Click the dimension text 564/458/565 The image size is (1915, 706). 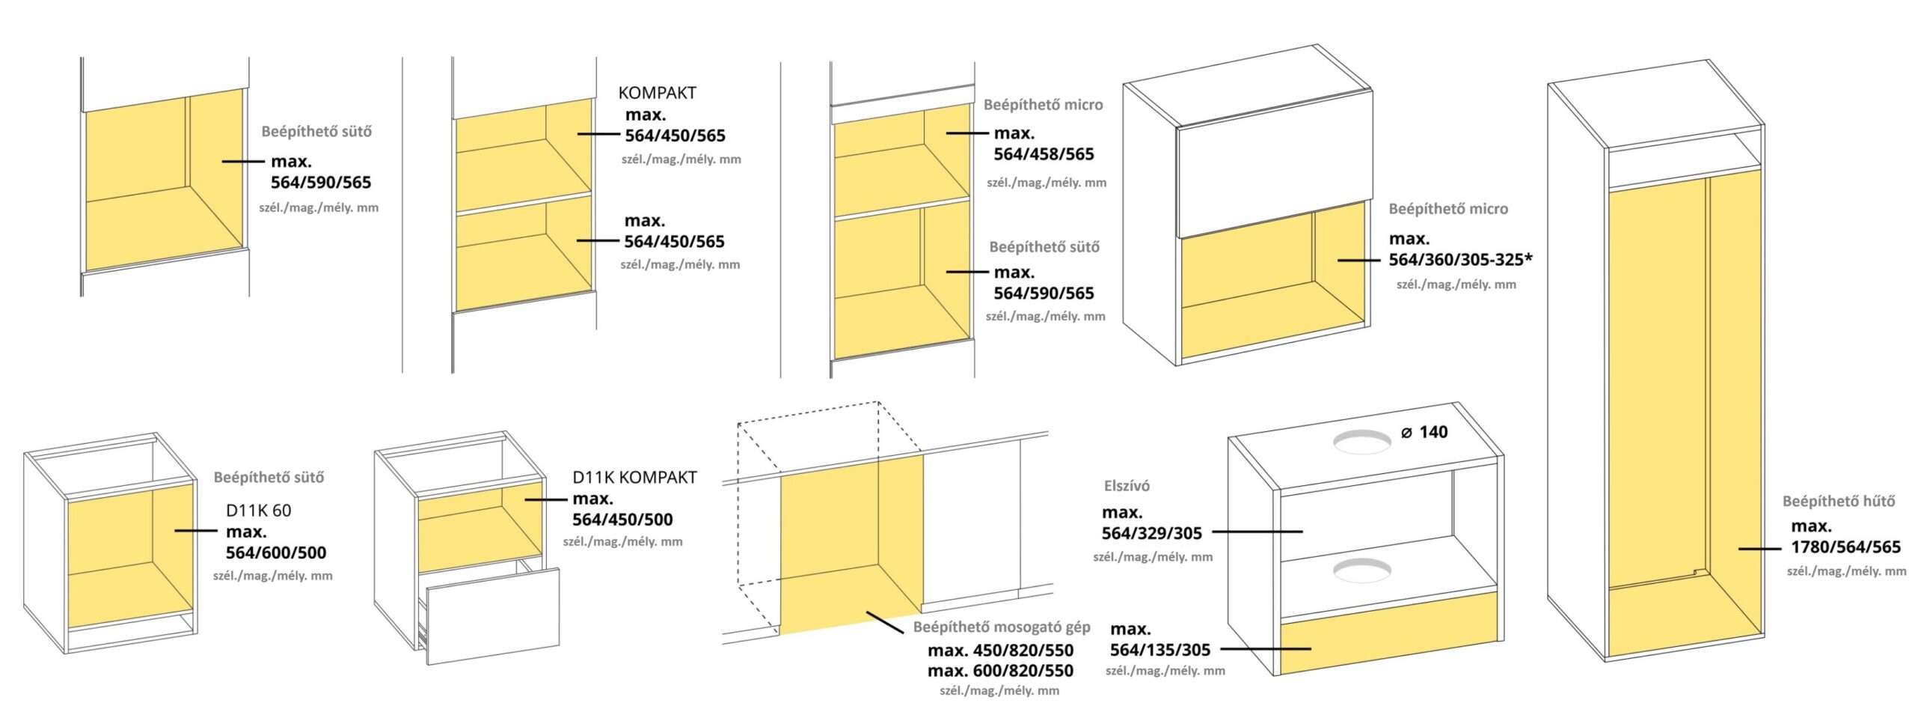coord(1044,154)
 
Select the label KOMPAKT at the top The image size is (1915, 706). coord(657,93)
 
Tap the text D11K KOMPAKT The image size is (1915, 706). coord(634,477)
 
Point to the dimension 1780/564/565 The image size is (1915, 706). coord(1845,547)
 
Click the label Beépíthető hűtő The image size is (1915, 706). coord(1838,501)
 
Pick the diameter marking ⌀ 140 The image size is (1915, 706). coord(1424,432)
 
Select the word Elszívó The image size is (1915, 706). coord(1127,486)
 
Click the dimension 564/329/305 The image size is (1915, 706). coord(1151,533)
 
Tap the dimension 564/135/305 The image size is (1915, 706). coord(1159,650)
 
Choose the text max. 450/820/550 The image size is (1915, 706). coord(1000,651)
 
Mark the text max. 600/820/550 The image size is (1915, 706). coord(1000,671)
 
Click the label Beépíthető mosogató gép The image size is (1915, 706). coord(1002,627)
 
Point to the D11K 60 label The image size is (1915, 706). coord(258,511)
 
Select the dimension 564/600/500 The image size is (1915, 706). coord(276,553)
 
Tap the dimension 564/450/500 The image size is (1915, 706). coord(622,520)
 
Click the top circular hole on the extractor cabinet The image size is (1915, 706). coord(1361,442)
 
